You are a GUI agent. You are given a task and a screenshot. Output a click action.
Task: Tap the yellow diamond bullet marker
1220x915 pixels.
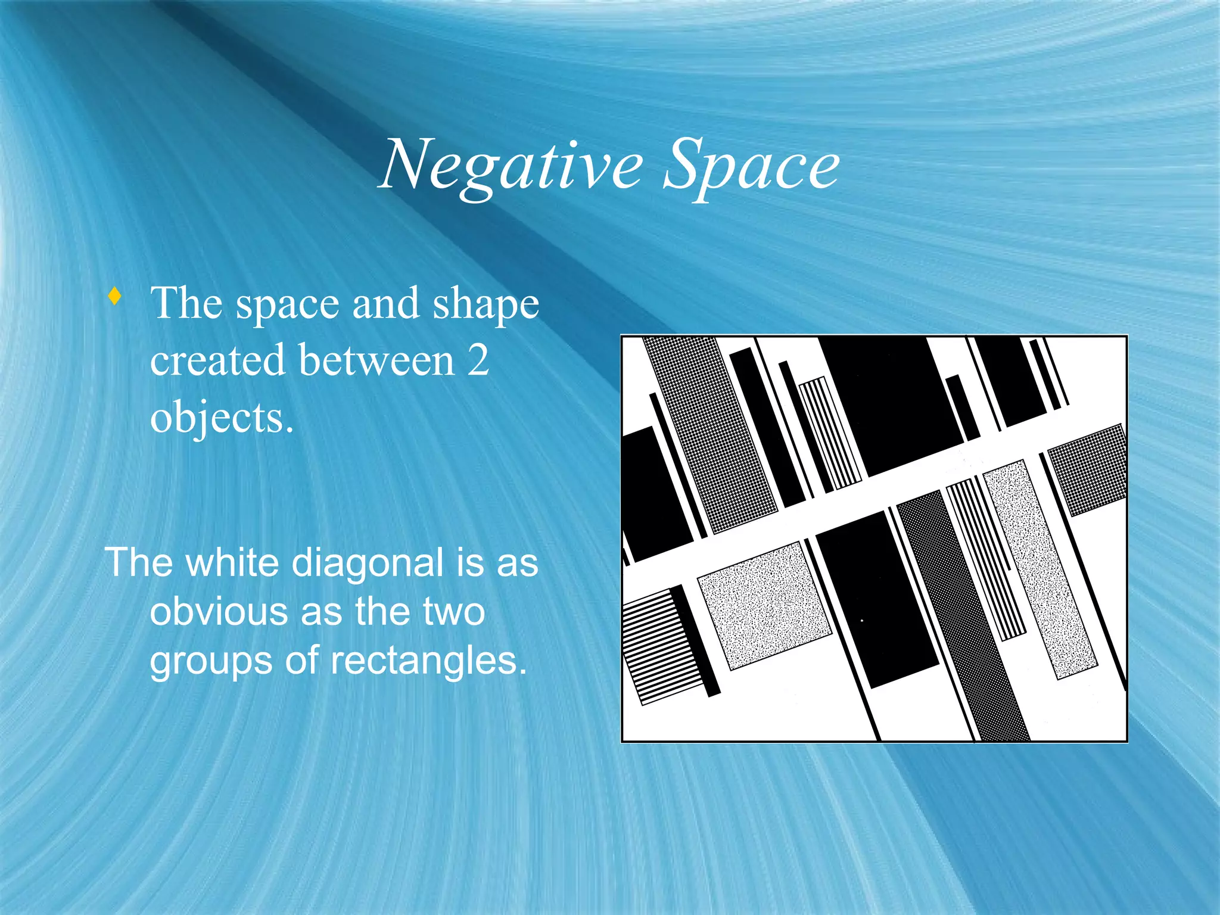point(115,295)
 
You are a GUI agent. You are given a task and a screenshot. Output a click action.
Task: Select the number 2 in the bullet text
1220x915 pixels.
point(478,360)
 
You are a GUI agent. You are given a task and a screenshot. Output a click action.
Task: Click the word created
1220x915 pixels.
point(217,360)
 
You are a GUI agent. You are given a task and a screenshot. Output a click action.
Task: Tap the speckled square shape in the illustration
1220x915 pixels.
point(764,605)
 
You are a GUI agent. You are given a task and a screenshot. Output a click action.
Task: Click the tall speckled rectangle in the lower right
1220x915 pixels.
point(1040,569)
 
